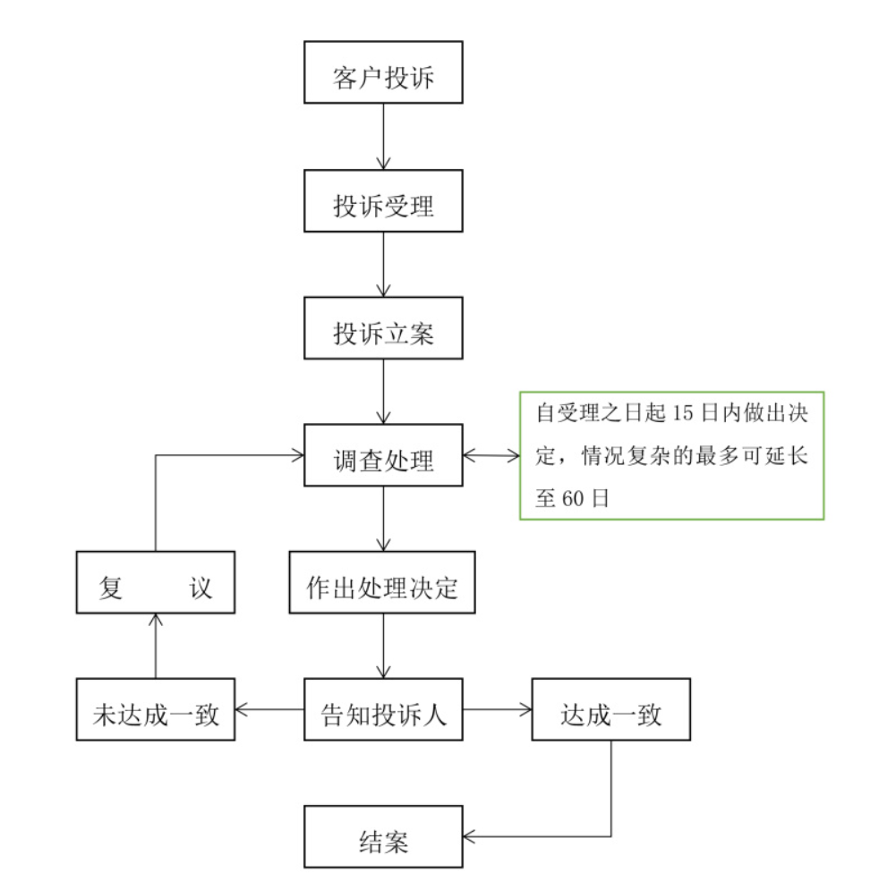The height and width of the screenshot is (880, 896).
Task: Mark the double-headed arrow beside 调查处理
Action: [x=491, y=456]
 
